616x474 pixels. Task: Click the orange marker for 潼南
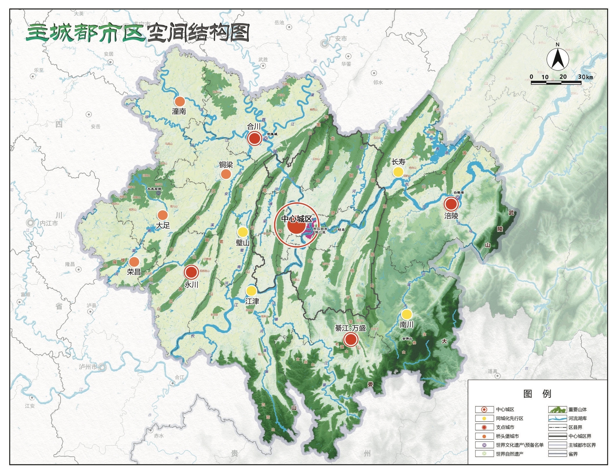180,101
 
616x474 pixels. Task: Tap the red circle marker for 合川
255,138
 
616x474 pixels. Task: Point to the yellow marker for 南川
406,314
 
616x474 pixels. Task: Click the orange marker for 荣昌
134,262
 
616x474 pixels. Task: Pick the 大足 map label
163,225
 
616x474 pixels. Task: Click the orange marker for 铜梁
226,174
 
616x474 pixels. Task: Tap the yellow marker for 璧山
242,232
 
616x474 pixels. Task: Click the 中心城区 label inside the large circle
296,219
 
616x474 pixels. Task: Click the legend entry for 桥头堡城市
507,436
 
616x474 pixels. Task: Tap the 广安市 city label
338,39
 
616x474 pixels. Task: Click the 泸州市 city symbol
102,367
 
